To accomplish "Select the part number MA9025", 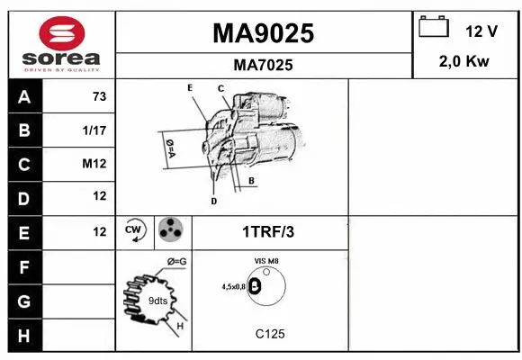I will point(263,33).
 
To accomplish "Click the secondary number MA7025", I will point(263,65).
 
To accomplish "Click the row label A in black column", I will point(24,96).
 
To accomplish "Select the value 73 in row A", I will point(99,96).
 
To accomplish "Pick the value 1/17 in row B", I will point(95,130).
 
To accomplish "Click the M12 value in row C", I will point(96,165).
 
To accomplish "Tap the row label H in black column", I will point(24,336).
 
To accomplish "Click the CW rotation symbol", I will point(135,231).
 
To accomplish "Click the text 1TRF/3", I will point(267,232).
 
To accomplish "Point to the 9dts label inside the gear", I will point(157,300).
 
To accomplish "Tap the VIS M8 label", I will point(266,262).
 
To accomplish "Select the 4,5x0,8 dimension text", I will point(233,286).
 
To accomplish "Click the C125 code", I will point(270,334).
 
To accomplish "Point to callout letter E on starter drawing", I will point(190,87).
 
